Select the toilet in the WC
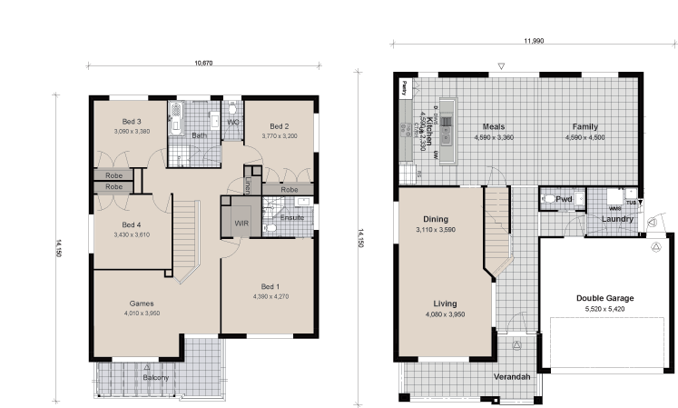(x=233, y=108)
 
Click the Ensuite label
(x=292, y=218)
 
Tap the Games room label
(x=141, y=304)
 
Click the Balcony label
(x=155, y=378)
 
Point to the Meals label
(x=494, y=127)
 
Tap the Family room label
(x=585, y=127)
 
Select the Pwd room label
(x=564, y=198)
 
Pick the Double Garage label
(x=604, y=298)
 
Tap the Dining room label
(x=436, y=219)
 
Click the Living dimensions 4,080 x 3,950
(x=445, y=314)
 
